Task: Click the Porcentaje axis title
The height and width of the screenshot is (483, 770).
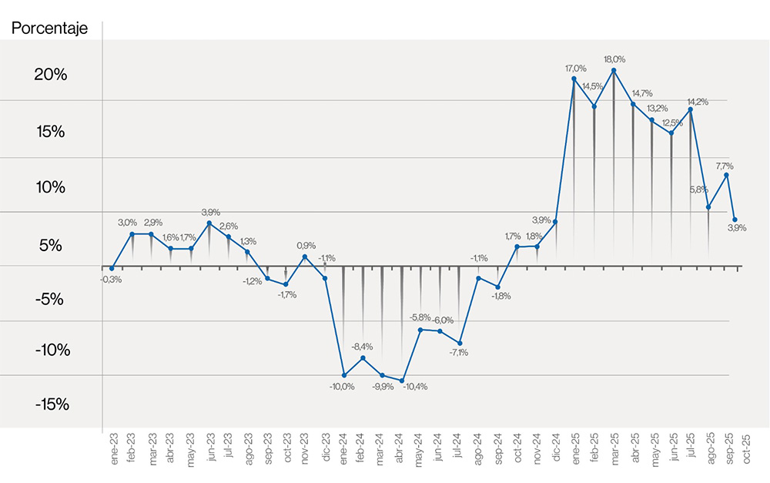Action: coord(49,29)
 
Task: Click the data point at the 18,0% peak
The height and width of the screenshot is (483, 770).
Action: coord(614,70)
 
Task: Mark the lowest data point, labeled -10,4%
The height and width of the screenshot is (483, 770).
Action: coord(402,381)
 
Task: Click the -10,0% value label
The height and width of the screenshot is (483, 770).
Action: coord(343,387)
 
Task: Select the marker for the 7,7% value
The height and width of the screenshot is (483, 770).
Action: coord(727,175)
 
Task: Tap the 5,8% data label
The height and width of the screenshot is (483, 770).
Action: coord(699,190)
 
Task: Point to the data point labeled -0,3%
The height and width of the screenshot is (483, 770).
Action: coord(112,268)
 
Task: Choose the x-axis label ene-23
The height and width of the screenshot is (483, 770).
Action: coord(113,448)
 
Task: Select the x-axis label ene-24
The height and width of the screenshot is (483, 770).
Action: coord(344,448)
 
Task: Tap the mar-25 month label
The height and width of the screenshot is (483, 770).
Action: coord(614,448)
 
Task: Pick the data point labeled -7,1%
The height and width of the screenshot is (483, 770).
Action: coord(460,343)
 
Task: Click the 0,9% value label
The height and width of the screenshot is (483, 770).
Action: coord(306,246)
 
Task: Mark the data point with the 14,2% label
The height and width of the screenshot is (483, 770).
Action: coord(691,109)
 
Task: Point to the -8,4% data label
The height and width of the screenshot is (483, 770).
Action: coord(362,347)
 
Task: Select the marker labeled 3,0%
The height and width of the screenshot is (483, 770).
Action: coord(132,234)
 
